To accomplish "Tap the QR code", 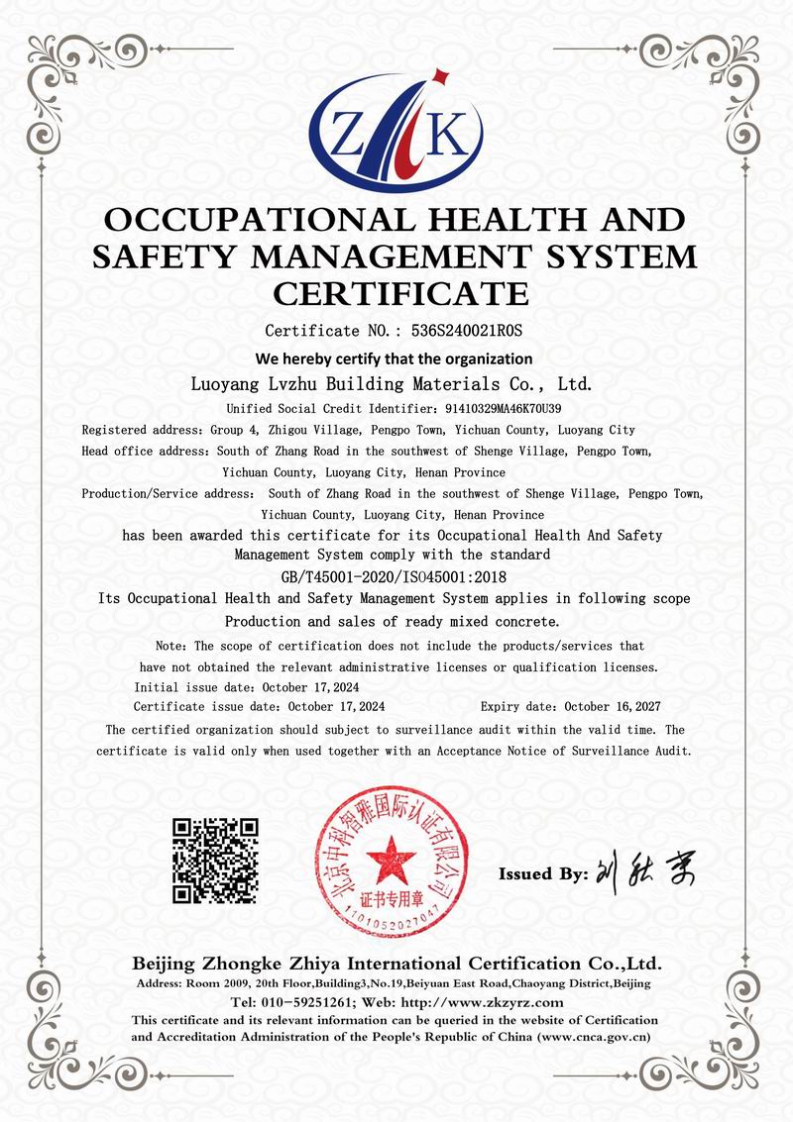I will pos(216,860).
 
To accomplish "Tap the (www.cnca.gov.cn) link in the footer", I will pos(593,1036).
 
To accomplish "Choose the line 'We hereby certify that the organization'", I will pos(395,358).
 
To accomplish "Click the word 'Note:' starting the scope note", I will pos(173,646).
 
